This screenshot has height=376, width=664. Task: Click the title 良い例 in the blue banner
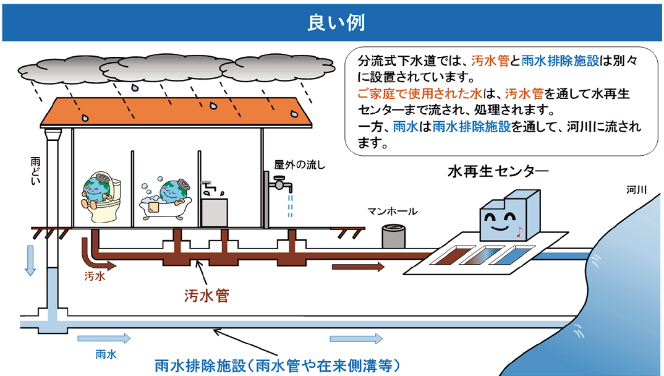tap(336, 22)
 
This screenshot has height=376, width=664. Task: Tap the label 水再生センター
tap(498, 171)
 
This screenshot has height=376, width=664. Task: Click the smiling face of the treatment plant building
tap(500, 223)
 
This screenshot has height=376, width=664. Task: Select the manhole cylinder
tap(393, 236)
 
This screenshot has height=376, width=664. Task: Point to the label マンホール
tap(392, 211)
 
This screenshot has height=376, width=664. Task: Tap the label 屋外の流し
tap(300, 164)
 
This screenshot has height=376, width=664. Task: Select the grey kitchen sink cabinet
tap(215, 211)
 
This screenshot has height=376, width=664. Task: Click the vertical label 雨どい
tap(36, 171)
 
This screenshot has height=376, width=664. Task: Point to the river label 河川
tap(636, 190)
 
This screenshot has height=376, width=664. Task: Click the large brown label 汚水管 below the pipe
tap(206, 296)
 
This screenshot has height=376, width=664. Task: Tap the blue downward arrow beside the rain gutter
tap(30, 260)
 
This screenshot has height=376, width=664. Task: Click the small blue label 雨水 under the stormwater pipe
tap(106, 354)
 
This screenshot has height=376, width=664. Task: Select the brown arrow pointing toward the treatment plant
tap(358, 267)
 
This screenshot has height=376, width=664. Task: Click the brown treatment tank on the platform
tap(449, 256)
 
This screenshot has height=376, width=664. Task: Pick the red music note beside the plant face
tap(519, 232)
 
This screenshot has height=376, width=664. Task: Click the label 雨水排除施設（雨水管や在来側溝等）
tap(278, 365)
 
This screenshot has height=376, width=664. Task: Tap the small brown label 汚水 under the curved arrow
tap(95, 276)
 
